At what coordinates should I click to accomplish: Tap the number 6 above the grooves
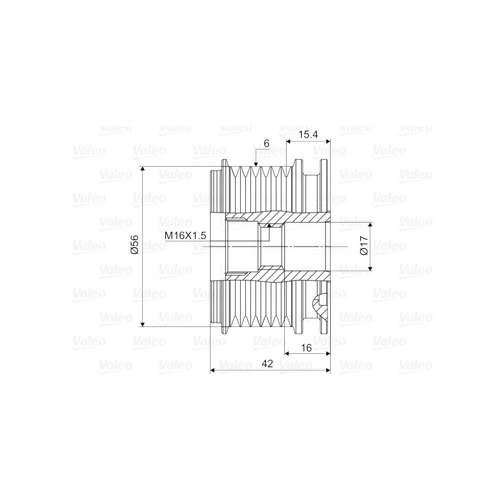coord(267,143)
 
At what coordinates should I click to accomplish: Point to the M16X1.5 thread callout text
coord(186,235)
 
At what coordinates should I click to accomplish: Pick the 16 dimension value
coord(307,346)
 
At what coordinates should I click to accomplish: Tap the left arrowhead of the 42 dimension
coord(213,370)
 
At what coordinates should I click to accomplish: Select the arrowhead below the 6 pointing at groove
coord(255,165)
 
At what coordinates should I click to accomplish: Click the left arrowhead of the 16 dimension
coord(289,353)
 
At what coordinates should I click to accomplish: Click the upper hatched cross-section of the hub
coord(296,218)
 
